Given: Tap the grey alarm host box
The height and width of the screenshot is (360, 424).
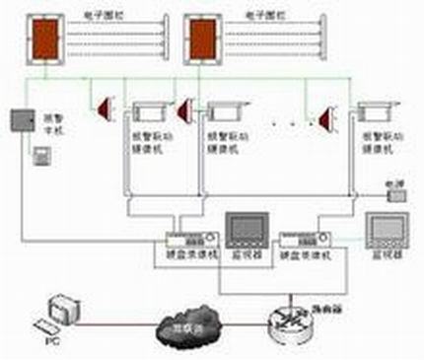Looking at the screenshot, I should coord(23,120).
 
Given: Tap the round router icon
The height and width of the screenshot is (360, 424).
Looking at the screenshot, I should coord(288,317).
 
